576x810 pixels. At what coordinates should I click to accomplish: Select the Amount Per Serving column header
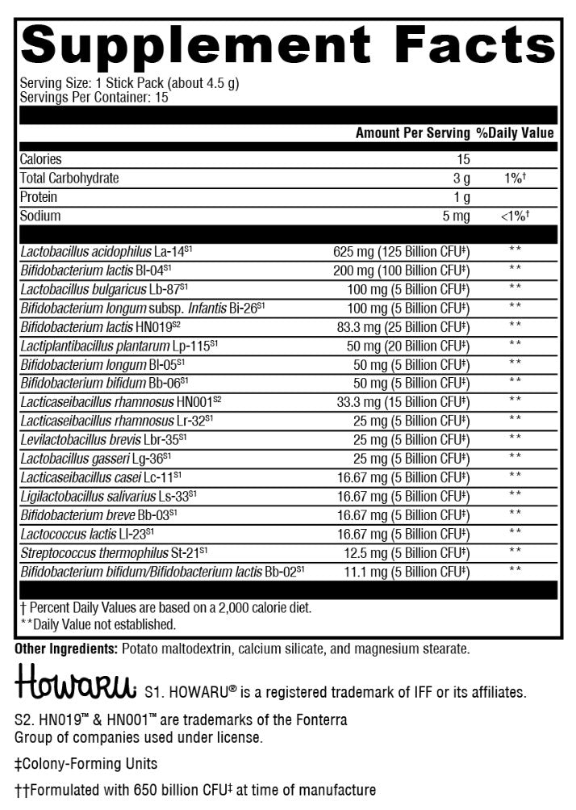click(x=412, y=133)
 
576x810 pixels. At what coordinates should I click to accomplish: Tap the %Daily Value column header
click(x=515, y=133)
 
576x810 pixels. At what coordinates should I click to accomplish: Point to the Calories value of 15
click(x=462, y=160)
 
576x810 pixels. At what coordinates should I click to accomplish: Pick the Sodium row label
click(x=40, y=216)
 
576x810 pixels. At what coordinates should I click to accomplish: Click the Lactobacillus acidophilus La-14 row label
click(x=106, y=252)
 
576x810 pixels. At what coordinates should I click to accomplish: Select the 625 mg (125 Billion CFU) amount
click(x=401, y=252)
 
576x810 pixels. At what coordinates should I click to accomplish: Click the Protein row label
click(x=40, y=198)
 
